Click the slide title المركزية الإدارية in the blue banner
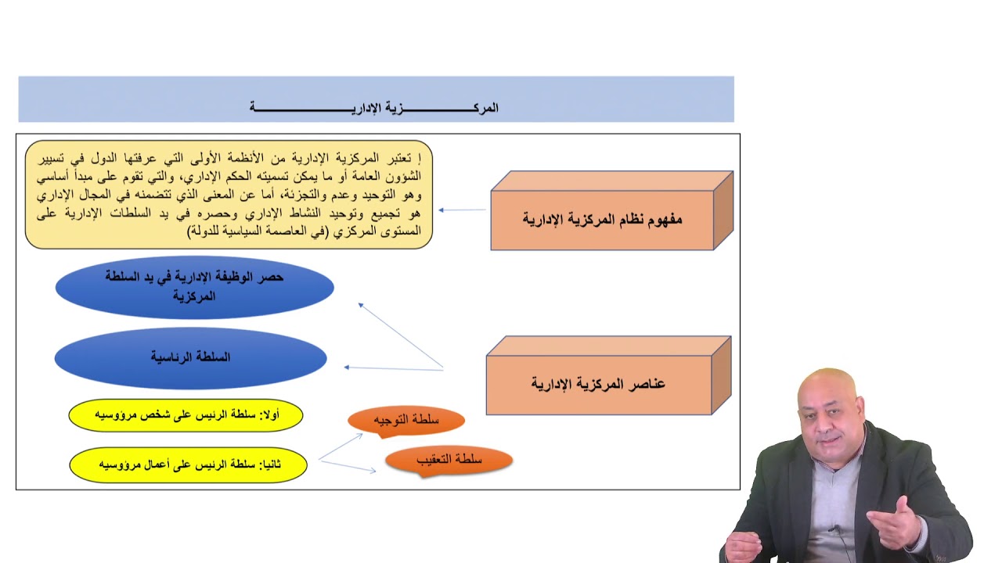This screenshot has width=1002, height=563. pos(374,108)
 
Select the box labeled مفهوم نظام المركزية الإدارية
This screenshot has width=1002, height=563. pos(603,219)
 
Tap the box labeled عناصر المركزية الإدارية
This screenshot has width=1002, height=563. pos(599,384)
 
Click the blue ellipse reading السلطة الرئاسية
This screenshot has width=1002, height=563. pos(190,357)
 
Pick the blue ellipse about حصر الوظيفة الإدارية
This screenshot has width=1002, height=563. pos(194,287)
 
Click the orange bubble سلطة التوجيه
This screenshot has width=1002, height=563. pos(406,421)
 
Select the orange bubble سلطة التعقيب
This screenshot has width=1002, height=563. pos(449,460)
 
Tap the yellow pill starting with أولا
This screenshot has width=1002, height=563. pos(186,415)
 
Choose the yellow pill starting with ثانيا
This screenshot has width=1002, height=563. pos(188,464)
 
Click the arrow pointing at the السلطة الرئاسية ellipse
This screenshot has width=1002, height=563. pos(393,368)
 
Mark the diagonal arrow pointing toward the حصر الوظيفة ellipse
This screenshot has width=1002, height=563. pos(400,335)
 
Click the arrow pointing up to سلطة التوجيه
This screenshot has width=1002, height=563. pos(341,445)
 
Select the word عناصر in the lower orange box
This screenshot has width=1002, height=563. pos(646,384)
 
